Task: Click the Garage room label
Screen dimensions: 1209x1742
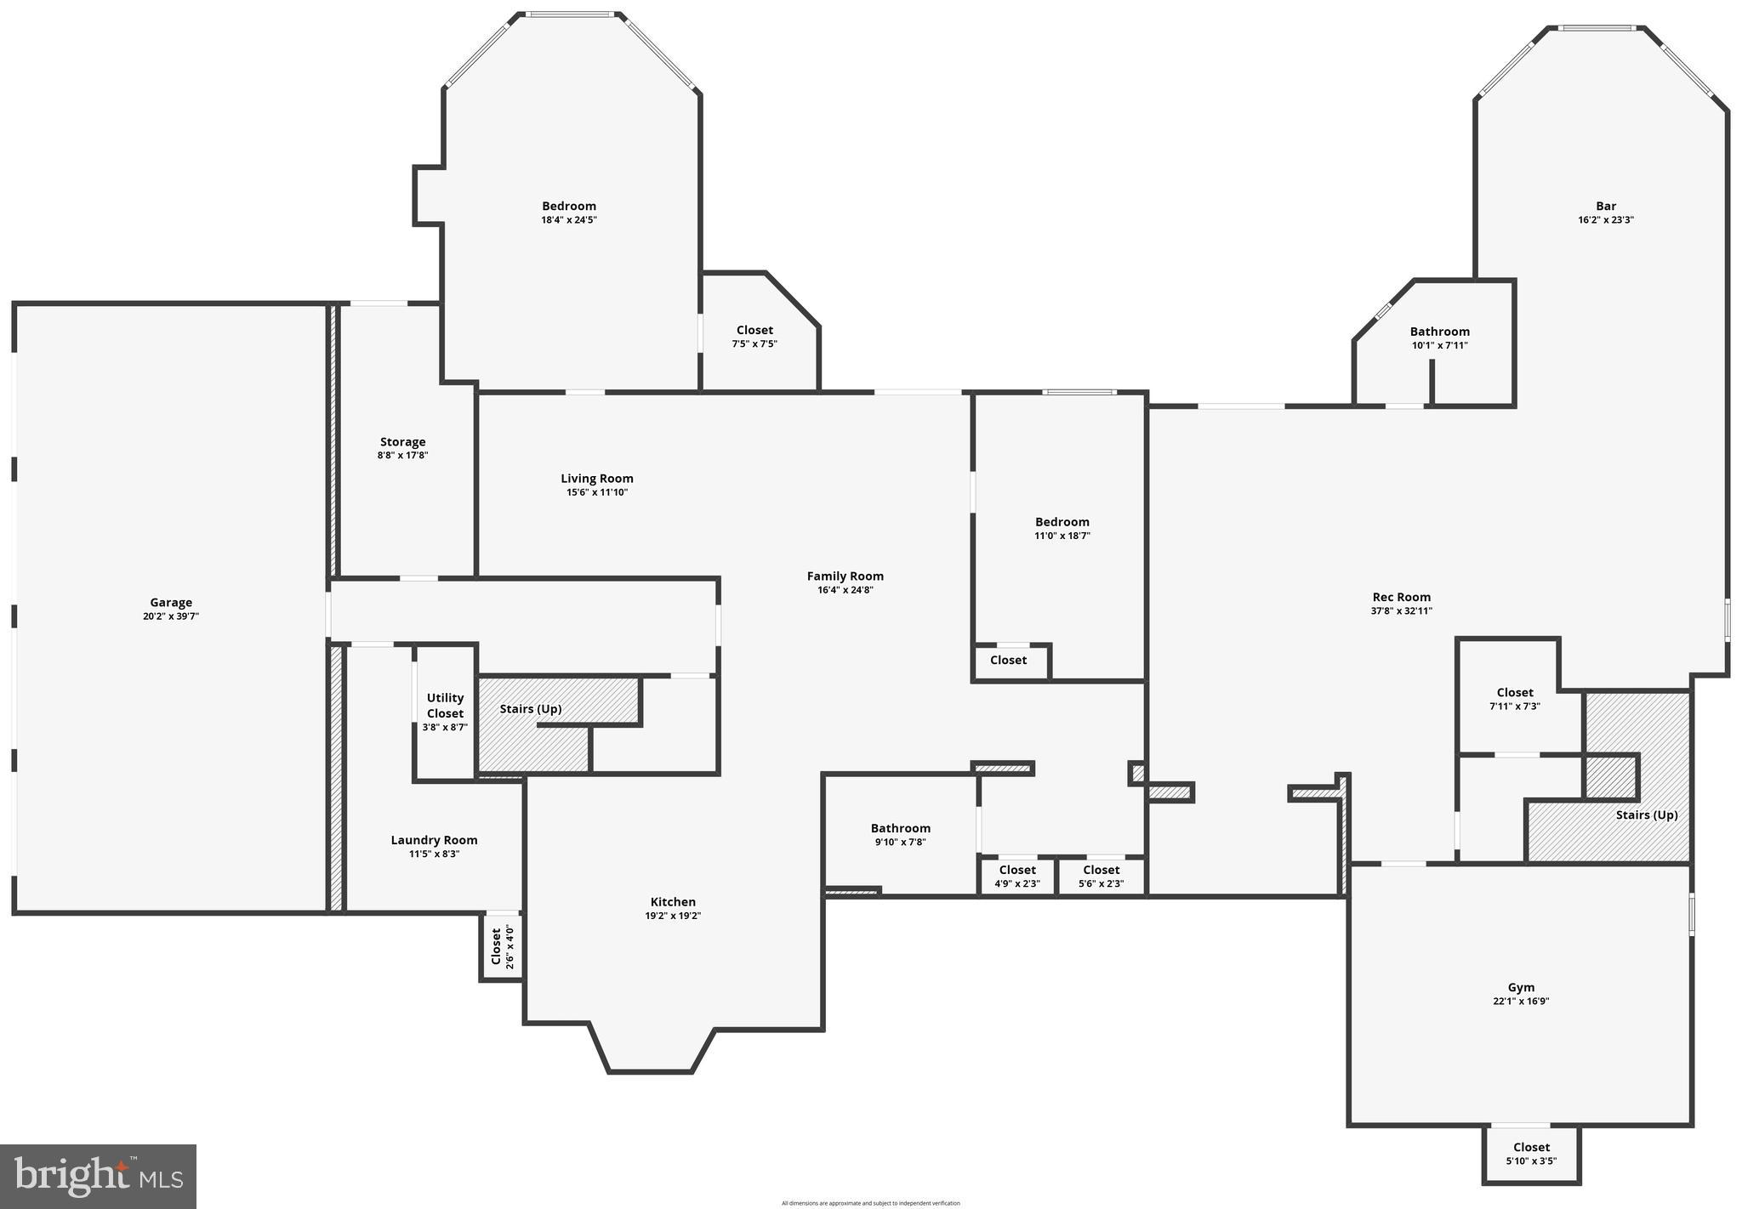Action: point(171,603)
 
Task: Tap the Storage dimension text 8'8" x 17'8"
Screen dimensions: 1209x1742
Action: point(402,456)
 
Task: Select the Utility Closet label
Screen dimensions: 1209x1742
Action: point(445,706)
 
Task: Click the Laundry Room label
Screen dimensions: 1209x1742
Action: point(434,840)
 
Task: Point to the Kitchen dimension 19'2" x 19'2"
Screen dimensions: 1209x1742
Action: point(673,916)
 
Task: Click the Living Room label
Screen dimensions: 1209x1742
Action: point(597,479)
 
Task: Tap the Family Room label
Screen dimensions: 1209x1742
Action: point(845,576)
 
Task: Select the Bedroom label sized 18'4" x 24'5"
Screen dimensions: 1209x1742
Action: point(569,206)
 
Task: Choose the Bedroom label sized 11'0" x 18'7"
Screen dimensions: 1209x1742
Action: point(1062,522)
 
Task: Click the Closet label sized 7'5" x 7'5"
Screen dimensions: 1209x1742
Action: point(754,330)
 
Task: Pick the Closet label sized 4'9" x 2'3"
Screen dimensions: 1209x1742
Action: point(1017,870)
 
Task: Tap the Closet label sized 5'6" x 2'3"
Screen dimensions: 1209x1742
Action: point(1102,870)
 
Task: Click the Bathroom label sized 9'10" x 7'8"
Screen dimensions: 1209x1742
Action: point(900,828)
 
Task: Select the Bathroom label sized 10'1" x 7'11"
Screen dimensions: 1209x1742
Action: point(1439,332)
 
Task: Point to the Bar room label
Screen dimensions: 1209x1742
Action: point(1606,206)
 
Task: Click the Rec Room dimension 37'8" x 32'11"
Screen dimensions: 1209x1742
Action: point(1402,610)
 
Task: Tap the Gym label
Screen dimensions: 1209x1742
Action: point(1521,987)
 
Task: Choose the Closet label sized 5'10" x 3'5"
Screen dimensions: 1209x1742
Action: point(1531,1147)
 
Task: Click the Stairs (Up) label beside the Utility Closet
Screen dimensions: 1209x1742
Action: point(531,709)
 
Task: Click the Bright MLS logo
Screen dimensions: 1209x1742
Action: point(99,1177)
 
